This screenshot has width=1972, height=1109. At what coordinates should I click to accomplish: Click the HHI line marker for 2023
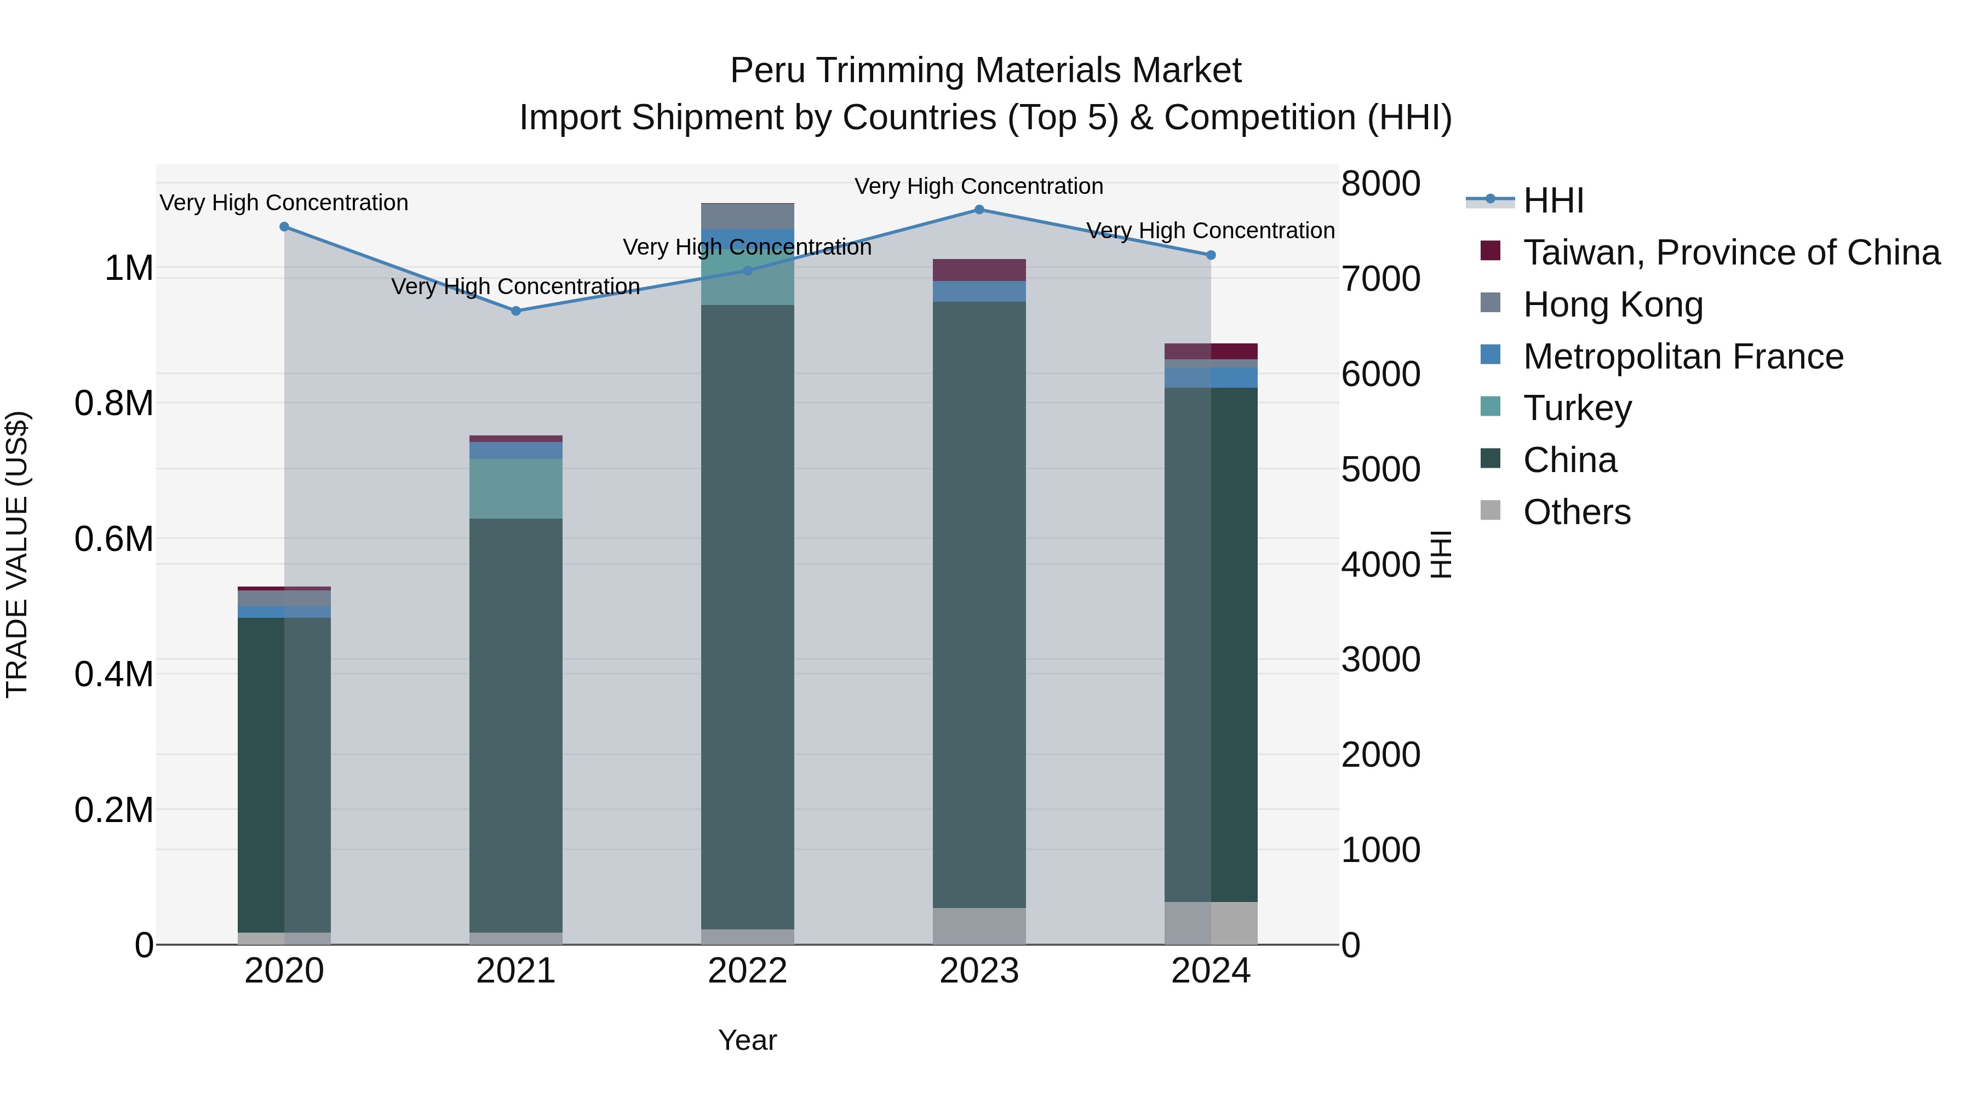[979, 210]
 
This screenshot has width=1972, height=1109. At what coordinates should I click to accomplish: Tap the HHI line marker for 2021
[516, 311]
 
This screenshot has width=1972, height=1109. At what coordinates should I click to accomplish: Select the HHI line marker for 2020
[284, 227]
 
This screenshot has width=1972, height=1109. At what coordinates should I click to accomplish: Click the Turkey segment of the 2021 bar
[516, 489]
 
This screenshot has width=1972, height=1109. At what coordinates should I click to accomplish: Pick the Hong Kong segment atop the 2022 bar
[747, 216]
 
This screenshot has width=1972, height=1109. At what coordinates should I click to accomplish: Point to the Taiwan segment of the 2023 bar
[979, 269]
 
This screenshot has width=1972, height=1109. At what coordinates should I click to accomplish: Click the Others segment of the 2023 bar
[979, 926]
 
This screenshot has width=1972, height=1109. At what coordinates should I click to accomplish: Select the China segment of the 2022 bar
[747, 612]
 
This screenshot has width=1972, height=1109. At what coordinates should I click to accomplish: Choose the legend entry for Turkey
[1577, 408]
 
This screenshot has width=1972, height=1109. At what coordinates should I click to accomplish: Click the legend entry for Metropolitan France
[1683, 357]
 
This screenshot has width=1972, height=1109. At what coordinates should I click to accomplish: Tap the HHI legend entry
[1552, 200]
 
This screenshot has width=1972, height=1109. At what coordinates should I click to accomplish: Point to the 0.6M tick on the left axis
[114, 539]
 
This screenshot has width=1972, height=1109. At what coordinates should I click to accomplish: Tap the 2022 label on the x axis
[747, 971]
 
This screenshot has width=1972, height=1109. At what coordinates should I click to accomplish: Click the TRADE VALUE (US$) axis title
[17, 554]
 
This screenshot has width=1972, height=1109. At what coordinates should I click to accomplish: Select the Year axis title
[747, 1040]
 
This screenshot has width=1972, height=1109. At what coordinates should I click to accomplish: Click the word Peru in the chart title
[766, 71]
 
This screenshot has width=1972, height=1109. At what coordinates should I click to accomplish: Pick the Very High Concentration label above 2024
[1210, 231]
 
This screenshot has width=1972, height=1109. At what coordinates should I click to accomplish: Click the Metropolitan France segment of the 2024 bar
[1210, 377]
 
